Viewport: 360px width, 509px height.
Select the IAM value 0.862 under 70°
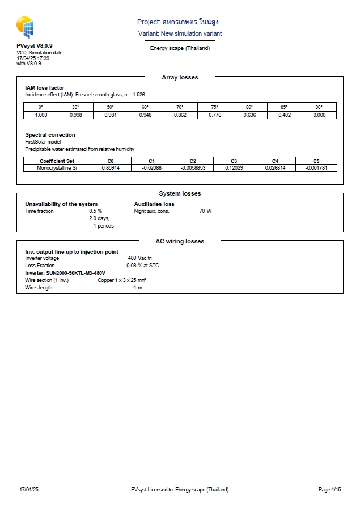[180, 115]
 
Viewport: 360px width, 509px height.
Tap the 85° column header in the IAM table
[284, 107]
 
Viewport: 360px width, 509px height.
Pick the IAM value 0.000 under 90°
[319, 115]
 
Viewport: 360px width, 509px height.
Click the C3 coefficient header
[234, 161]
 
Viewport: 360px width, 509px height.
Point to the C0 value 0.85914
[111, 168]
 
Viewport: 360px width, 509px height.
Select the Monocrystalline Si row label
[57, 168]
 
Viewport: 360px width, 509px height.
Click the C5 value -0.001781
[316, 168]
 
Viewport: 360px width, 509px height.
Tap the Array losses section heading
[180, 77]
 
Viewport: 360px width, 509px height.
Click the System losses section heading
[180, 194]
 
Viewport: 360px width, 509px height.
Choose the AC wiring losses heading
[180, 242]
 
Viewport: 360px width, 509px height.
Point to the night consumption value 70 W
[205, 211]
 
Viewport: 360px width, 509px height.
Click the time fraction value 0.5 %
[95, 211]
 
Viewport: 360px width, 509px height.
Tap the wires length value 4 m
[138, 288]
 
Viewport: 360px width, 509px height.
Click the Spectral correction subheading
[50, 135]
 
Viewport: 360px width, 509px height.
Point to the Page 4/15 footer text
[329, 490]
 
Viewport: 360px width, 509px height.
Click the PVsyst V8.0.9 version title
[35, 45]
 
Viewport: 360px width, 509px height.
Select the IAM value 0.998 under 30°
[75, 115]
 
